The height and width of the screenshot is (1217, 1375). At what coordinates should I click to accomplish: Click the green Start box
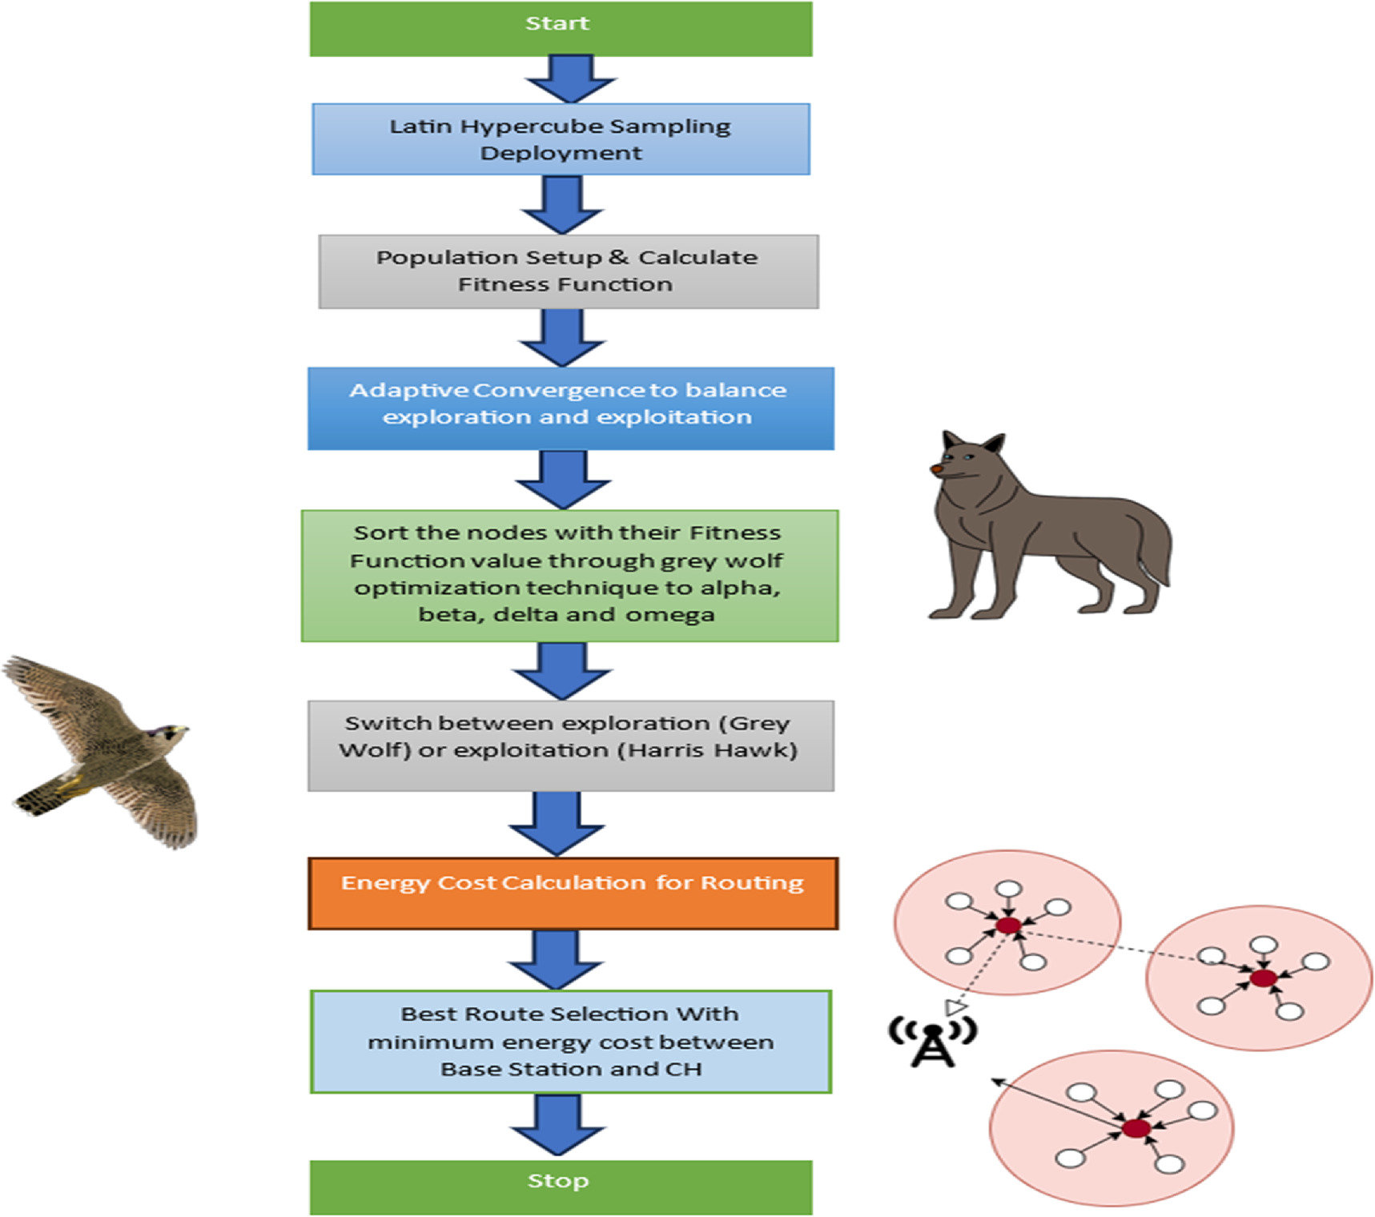(x=561, y=29)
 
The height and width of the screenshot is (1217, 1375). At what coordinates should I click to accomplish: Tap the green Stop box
(x=561, y=1187)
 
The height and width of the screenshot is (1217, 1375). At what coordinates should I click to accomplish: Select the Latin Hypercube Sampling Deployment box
(x=561, y=139)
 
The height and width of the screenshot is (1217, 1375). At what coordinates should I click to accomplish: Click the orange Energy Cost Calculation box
(x=573, y=893)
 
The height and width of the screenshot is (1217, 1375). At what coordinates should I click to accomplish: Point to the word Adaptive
(x=408, y=391)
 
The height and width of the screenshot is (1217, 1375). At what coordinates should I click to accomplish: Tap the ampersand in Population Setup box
(x=618, y=257)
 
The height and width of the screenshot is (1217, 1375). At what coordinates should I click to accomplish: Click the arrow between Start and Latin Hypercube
(x=570, y=78)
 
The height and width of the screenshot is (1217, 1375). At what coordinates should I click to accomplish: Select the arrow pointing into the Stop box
(x=558, y=1125)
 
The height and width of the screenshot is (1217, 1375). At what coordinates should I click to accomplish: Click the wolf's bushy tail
(x=1153, y=552)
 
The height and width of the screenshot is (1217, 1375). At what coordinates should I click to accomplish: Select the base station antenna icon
(x=933, y=1042)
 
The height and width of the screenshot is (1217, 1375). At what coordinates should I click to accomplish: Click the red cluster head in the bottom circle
(x=1136, y=1128)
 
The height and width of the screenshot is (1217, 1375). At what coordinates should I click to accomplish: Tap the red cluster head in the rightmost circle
(x=1263, y=978)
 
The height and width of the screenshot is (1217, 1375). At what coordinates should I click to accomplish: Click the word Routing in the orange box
(x=752, y=882)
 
